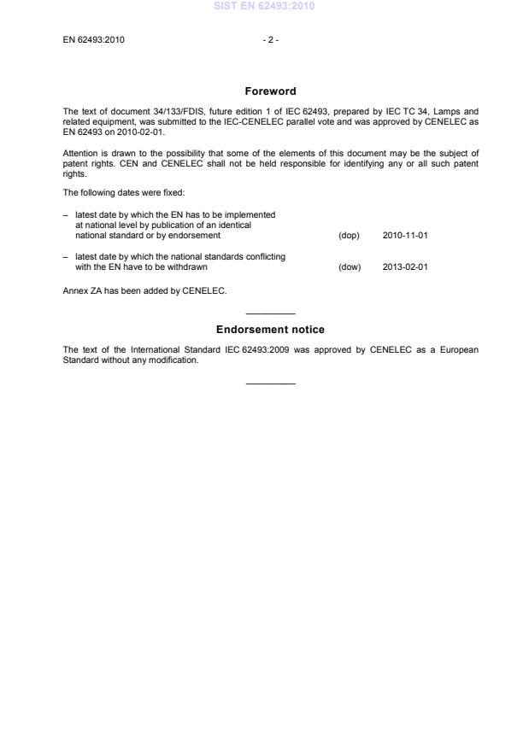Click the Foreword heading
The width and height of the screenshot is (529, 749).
pos(270,91)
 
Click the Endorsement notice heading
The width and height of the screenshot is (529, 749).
pos(270,330)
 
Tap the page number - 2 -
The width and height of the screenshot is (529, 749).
pos(270,39)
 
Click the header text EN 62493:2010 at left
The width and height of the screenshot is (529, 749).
pos(94,39)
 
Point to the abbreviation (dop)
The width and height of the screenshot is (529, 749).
pos(349,235)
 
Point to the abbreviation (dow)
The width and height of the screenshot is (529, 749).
pos(350,266)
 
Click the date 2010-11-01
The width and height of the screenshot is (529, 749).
pos(405,235)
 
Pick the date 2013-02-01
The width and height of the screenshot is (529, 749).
pos(405,266)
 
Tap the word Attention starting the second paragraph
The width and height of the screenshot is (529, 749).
pos(79,153)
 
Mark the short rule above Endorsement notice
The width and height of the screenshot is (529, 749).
pos(270,313)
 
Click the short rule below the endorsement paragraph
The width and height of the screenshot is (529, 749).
pos(270,383)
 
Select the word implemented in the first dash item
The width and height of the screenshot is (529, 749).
pos(253,214)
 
